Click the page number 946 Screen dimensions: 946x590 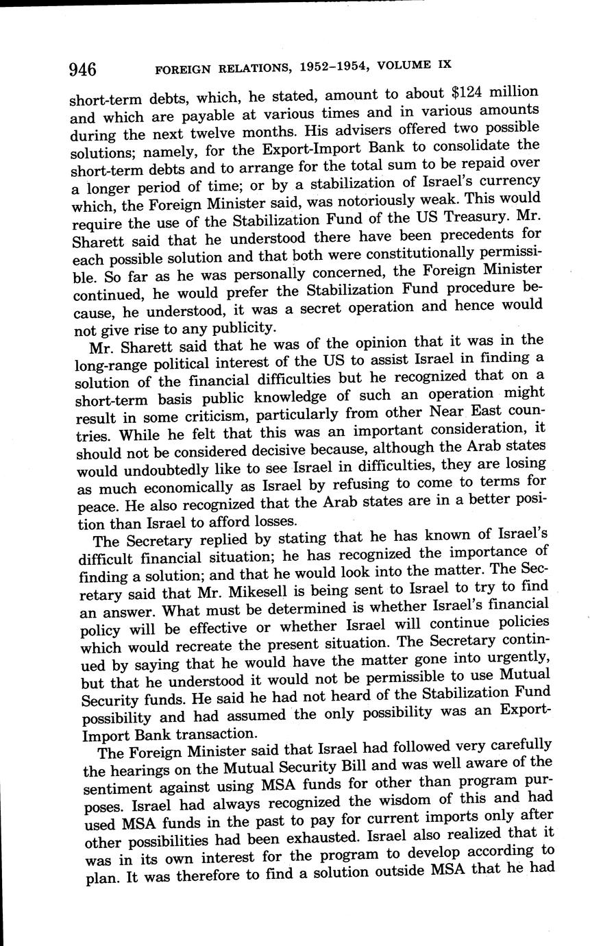pos(82,69)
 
